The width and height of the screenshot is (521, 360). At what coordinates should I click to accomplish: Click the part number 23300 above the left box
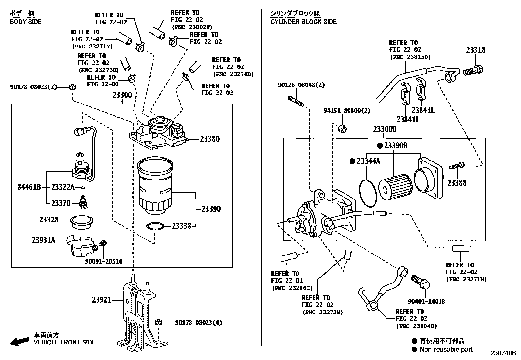click(122, 95)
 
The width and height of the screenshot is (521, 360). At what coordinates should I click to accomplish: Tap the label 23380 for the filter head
click(210, 139)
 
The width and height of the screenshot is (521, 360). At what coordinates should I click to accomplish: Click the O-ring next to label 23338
click(155, 226)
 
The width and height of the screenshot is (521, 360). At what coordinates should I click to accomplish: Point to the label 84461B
click(29, 187)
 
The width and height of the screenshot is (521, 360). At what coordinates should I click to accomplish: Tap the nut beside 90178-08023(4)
click(158, 323)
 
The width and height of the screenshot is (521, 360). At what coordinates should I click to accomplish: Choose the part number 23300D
click(385, 129)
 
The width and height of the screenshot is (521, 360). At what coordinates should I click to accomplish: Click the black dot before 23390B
click(379, 146)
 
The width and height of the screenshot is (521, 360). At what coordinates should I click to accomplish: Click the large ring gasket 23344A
click(368, 193)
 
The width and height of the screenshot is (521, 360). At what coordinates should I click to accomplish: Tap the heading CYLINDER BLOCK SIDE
click(303, 22)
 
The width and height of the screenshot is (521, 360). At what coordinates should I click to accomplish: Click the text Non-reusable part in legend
click(446, 350)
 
